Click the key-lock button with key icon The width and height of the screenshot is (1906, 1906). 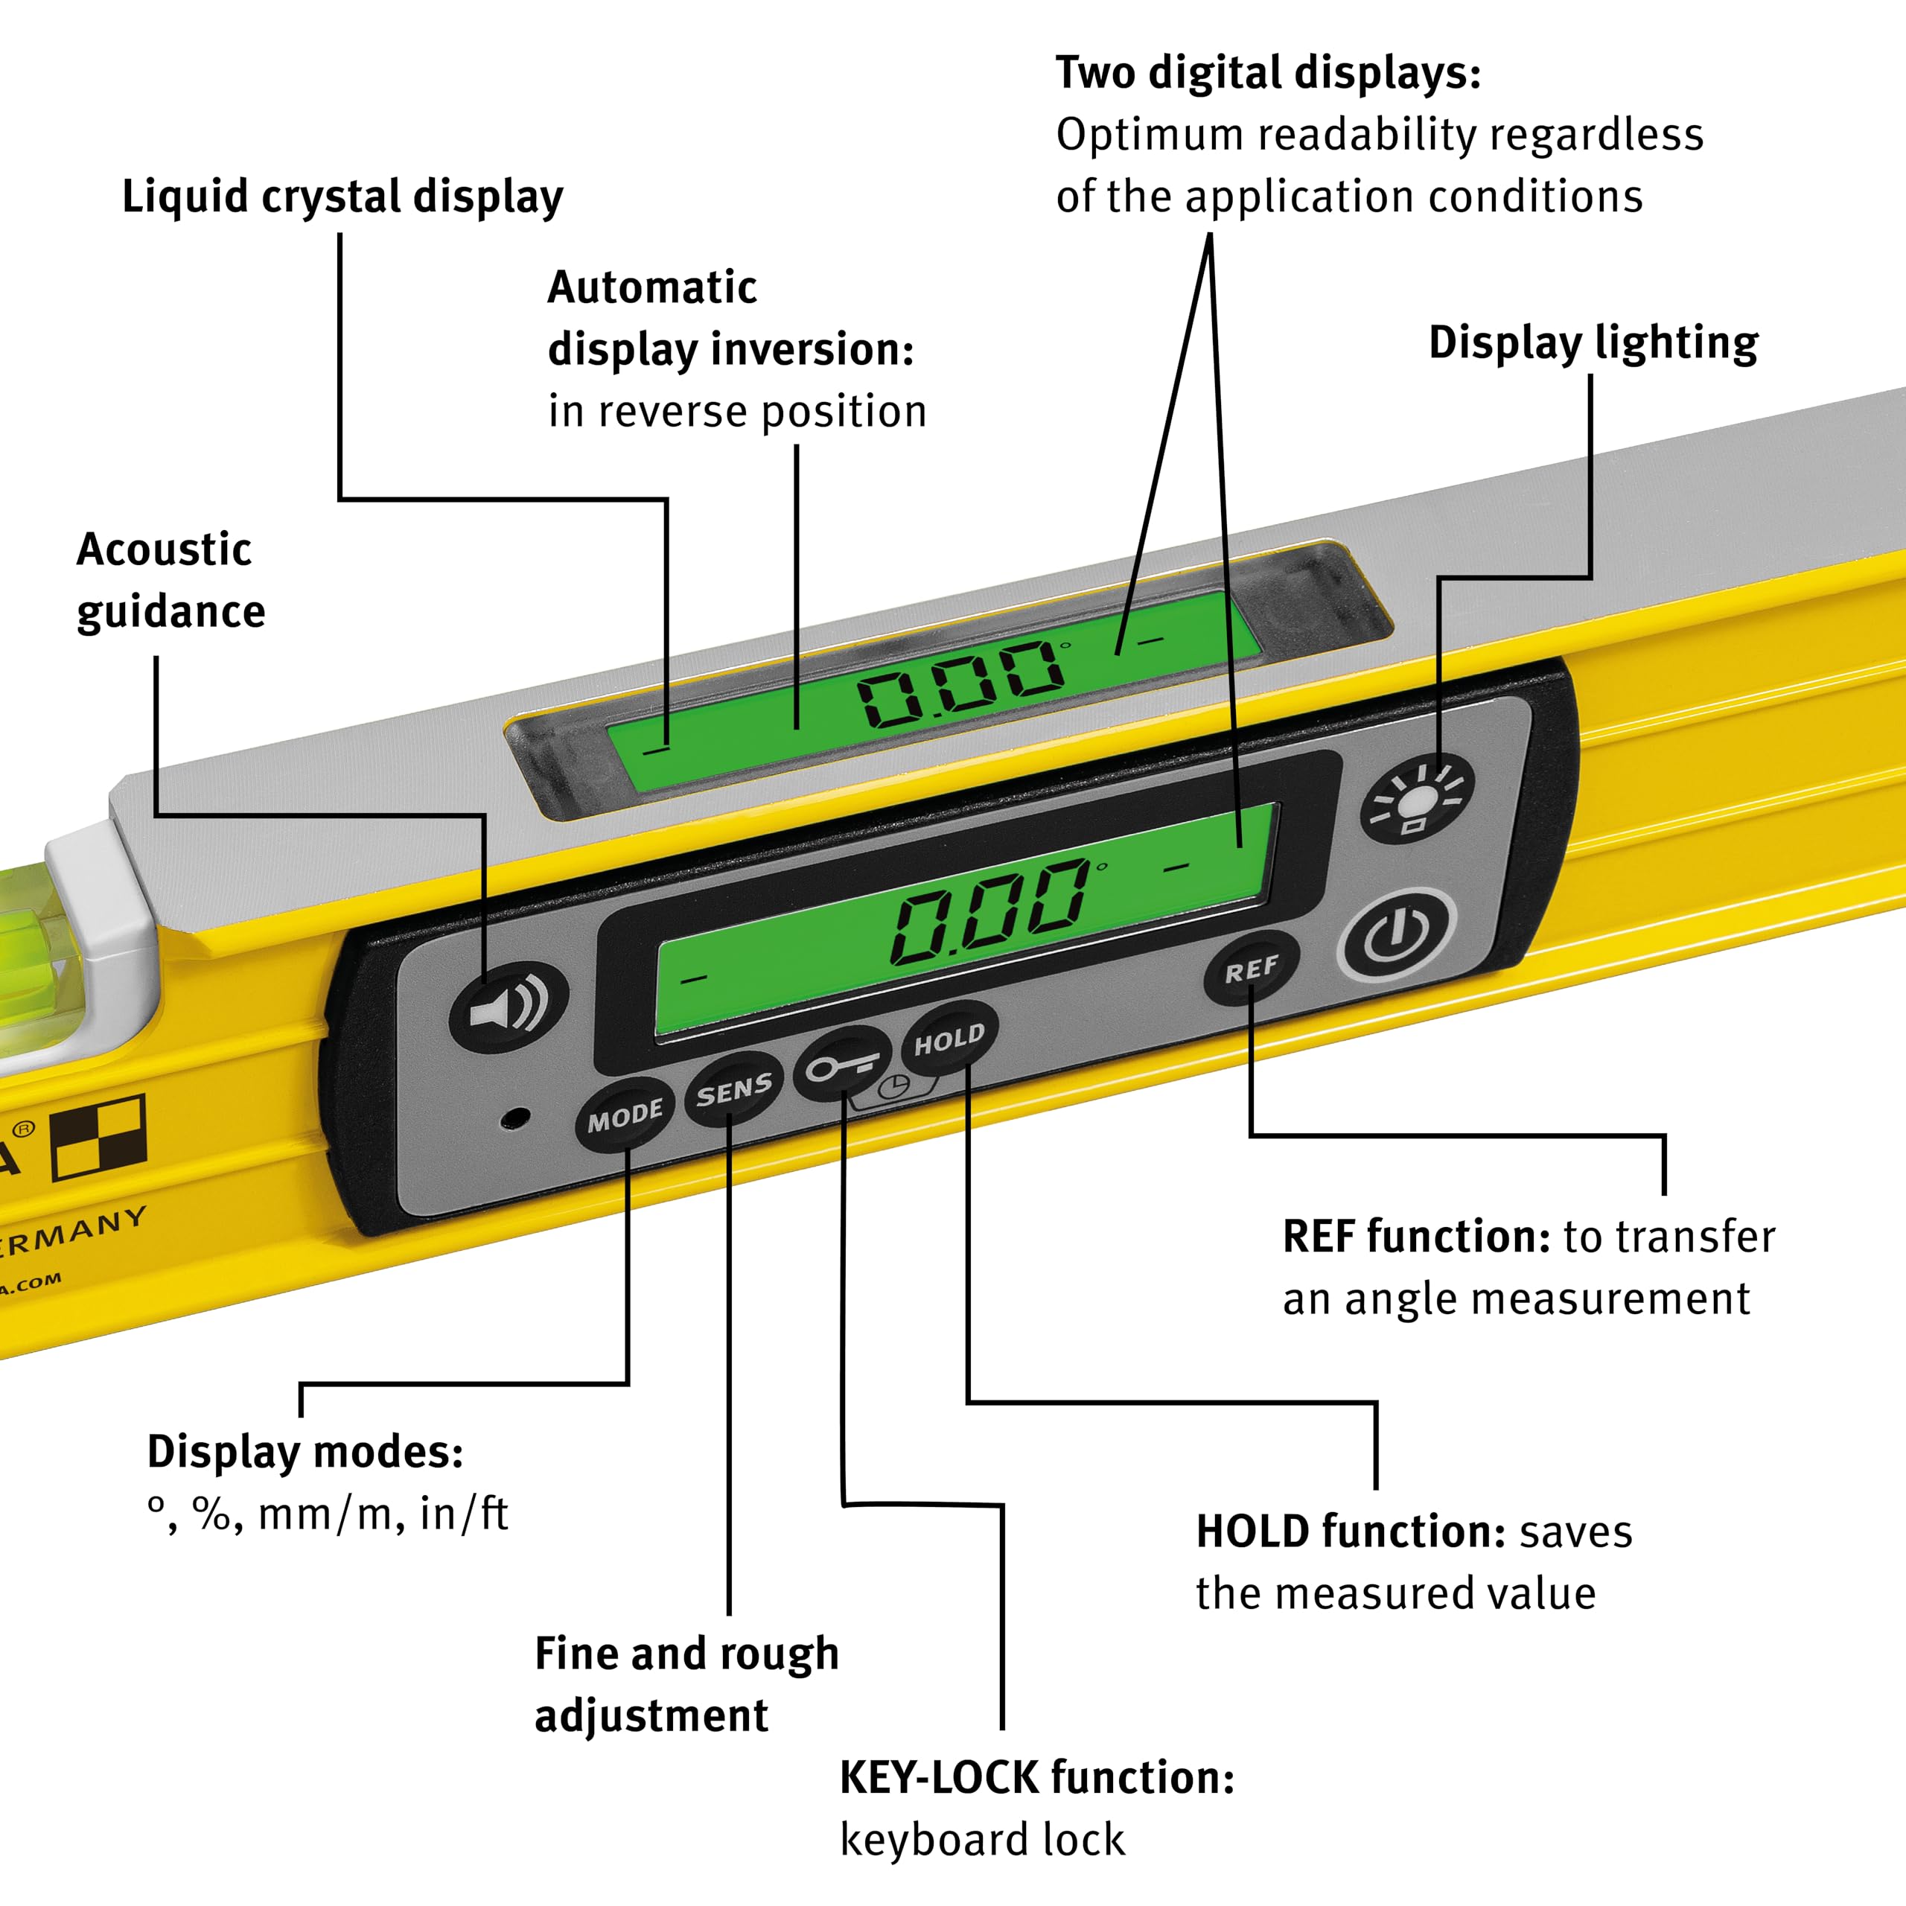841,1065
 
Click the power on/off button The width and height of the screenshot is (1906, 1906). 1396,935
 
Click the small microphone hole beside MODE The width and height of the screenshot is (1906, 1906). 515,1118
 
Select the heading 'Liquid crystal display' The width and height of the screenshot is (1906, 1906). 342,197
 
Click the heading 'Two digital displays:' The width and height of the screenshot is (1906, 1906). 1268,73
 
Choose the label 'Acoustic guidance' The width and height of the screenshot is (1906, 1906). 170,580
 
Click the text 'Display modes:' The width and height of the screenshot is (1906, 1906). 305,1451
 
